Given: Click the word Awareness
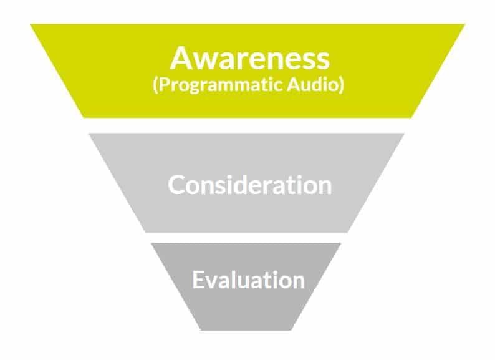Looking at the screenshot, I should pos(249,59).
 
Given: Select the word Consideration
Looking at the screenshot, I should pos(249,185).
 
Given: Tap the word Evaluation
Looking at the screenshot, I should pos(248,280).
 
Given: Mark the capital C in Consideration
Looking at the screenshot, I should pos(176,185).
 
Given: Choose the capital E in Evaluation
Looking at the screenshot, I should pos(198,280).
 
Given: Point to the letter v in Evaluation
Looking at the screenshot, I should pos(212,281).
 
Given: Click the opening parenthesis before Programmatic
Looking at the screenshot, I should pos(155,85).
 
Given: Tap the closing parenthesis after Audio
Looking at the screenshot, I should pos(342,85).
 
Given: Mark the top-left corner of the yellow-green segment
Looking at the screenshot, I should pos(30,24).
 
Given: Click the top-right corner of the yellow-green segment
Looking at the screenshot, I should pos(464,24).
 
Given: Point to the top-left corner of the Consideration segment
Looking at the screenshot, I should pos(89,134).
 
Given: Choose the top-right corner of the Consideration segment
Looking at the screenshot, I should pos(405,134).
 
